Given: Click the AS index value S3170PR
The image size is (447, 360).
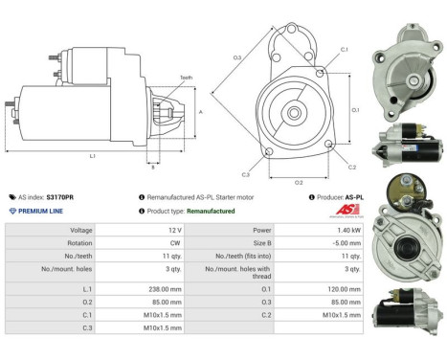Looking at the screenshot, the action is [59, 196].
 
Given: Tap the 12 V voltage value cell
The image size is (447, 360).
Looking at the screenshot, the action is [174, 231].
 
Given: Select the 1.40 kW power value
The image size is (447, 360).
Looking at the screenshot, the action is [348, 231].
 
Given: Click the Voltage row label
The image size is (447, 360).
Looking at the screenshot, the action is [81, 231].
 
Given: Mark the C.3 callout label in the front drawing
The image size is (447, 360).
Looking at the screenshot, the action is [246, 174].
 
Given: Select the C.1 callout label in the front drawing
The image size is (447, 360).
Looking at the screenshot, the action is [344, 49].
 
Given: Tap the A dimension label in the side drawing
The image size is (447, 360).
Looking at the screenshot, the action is [200, 111].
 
